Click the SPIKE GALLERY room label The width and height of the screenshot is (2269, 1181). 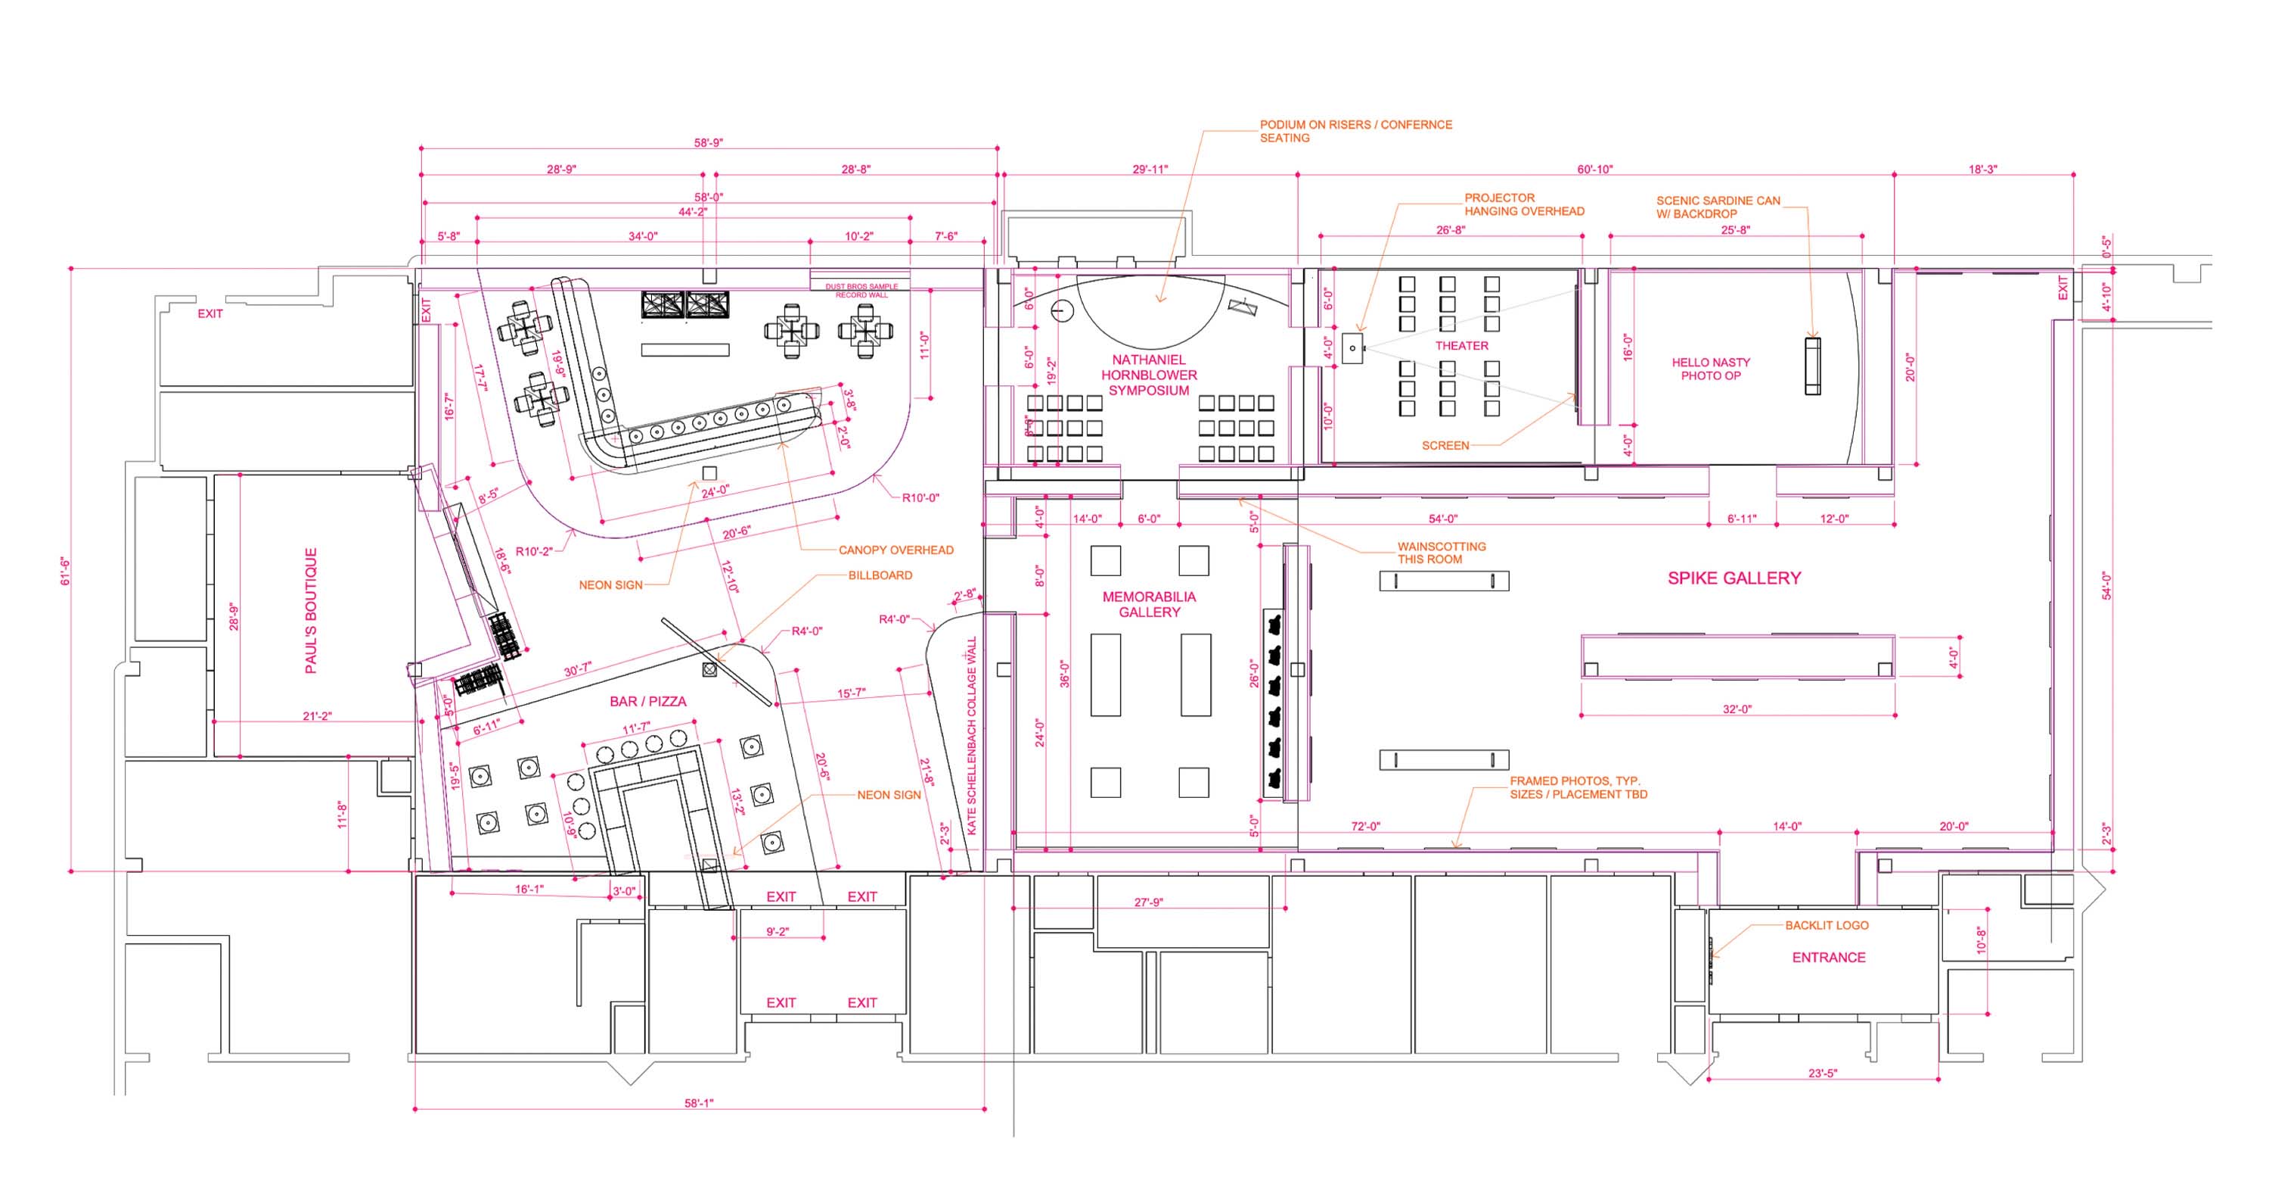pos(1734,578)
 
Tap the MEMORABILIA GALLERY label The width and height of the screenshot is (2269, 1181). pos(1149,605)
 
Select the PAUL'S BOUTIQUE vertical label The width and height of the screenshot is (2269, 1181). pos(311,611)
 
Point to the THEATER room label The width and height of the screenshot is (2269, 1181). pos(1461,345)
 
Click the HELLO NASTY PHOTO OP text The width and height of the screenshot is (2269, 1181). pos(1711,369)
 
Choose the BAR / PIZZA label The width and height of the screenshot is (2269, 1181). pos(647,702)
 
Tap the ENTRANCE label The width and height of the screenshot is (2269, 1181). pos(1829,957)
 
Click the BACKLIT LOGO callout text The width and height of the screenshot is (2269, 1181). pos(1826,925)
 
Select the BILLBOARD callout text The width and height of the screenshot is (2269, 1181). pos(880,575)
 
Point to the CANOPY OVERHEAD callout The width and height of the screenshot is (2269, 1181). pos(895,550)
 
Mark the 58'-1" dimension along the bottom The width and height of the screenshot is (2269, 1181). pos(699,1102)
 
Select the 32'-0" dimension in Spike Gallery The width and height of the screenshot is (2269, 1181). pos(1737,709)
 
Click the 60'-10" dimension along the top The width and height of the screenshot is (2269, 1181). pos(1594,170)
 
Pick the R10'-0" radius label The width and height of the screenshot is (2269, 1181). pos(920,498)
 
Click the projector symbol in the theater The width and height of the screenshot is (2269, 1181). pos(1352,348)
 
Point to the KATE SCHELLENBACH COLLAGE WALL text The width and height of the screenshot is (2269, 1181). pos(973,736)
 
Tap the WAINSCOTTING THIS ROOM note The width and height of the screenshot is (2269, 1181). pos(1441,553)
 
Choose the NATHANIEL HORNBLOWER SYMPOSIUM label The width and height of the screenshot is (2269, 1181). pos(1149,375)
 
